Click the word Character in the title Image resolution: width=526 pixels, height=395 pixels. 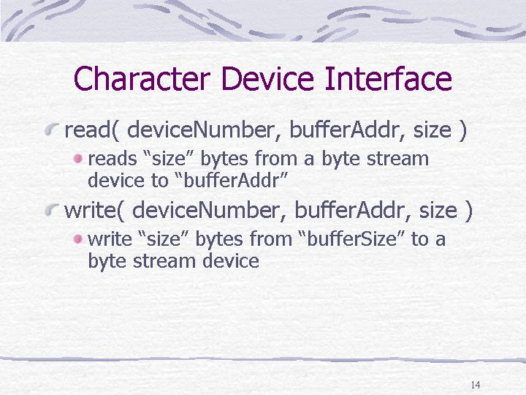click(x=142, y=78)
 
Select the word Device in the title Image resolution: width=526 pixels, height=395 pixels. click(x=267, y=78)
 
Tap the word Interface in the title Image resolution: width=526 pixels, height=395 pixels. click(x=389, y=78)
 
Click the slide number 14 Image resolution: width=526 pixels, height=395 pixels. click(x=476, y=385)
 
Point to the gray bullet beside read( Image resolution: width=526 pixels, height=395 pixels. click(x=52, y=129)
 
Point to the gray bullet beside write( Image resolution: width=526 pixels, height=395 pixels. click(x=52, y=210)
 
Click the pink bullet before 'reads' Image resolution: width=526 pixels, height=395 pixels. click(x=78, y=159)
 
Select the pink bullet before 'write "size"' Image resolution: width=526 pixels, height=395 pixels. click(x=78, y=239)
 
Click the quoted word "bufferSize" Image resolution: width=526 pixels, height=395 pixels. click(x=352, y=238)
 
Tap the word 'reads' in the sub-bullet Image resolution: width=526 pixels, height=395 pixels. click(x=113, y=159)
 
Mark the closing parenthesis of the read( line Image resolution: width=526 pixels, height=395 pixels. click(x=462, y=130)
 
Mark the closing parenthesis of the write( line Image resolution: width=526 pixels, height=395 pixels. click(x=468, y=211)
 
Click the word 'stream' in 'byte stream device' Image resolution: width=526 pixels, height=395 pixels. click(x=164, y=261)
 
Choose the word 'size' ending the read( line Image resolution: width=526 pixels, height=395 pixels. click(x=432, y=130)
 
